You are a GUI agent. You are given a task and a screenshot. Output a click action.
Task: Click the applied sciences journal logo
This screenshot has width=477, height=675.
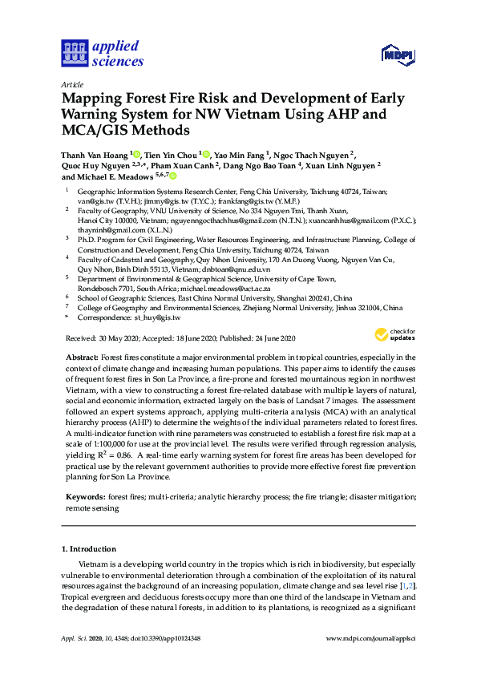click(x=102, y=53)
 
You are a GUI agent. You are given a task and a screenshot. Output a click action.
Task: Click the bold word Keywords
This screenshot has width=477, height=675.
click(x=85, y=497)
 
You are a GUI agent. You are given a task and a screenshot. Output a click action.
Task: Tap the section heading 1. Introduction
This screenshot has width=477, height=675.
click(x=89, y=549)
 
